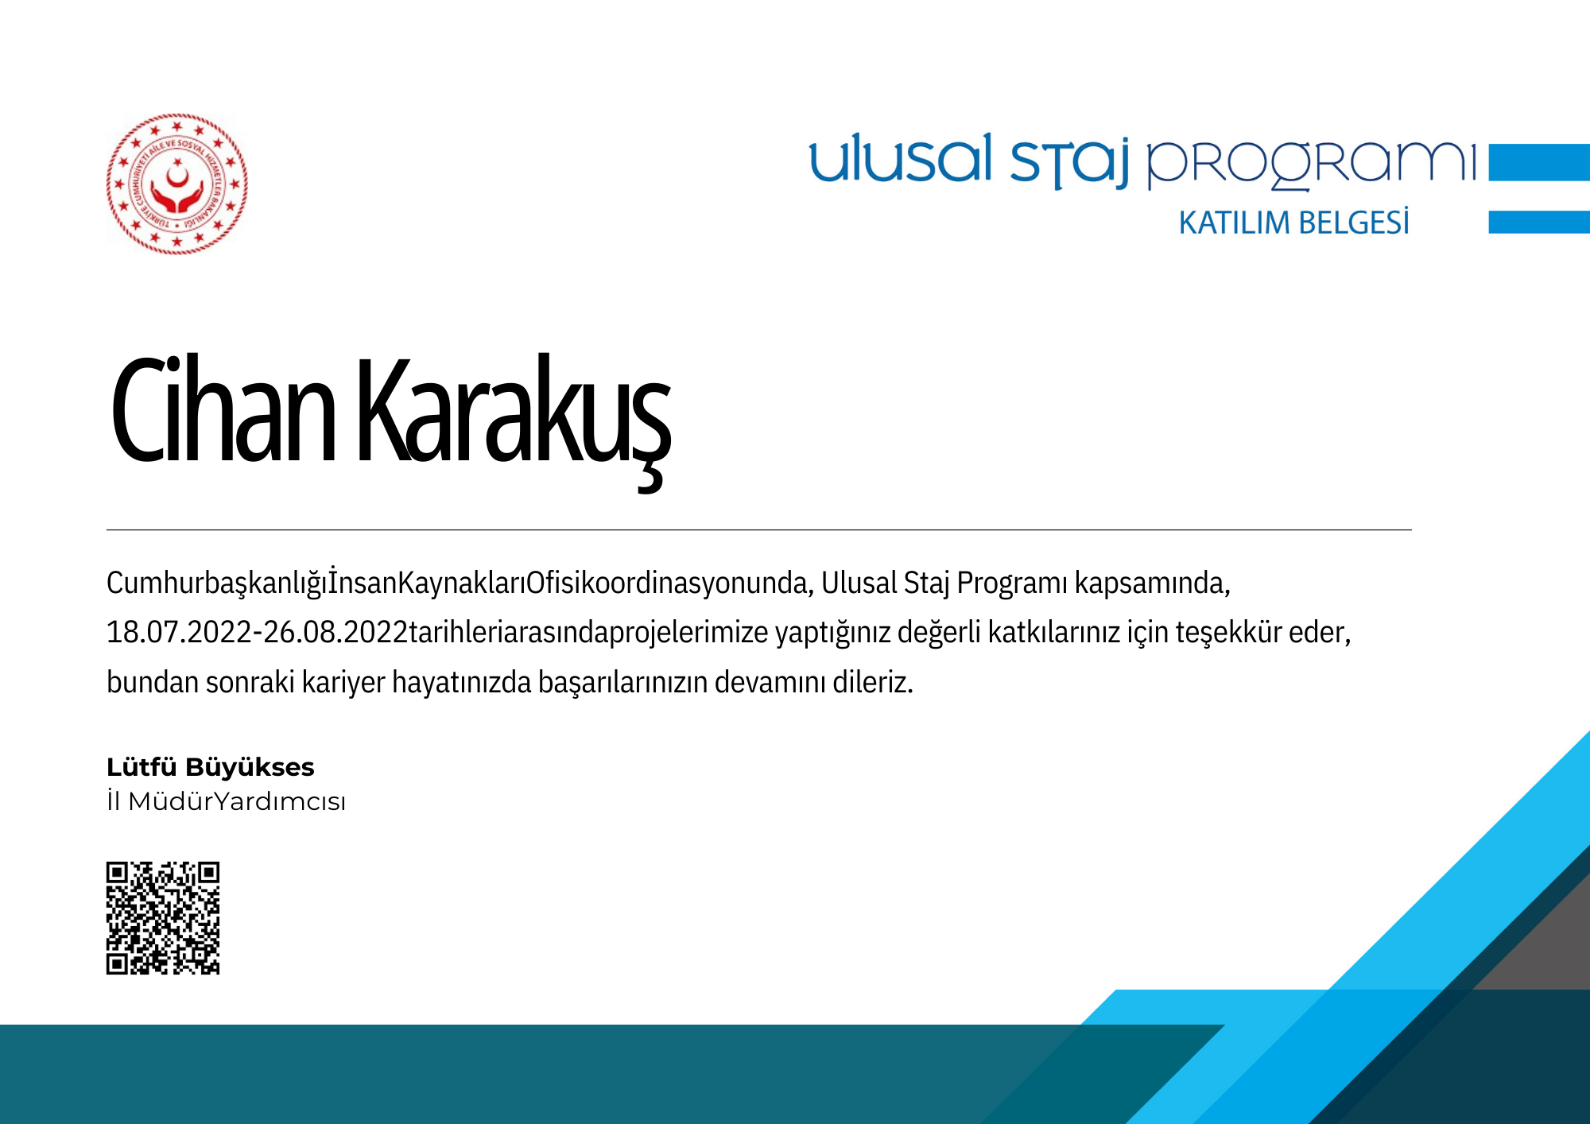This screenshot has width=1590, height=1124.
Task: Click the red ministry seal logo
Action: (x=176, y=184)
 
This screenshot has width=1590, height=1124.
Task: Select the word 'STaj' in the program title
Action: (x=1069, y=163)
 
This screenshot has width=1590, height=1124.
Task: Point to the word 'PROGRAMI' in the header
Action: (x=1310, y=165)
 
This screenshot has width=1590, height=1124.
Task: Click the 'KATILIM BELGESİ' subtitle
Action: (x=1293, y=223)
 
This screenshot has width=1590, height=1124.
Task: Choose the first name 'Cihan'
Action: (x=223, y=409)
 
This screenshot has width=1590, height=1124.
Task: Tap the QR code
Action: (x=163, y=918)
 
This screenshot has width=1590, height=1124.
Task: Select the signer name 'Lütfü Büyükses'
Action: (x=211, y=767)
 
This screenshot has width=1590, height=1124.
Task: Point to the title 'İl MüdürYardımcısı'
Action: (x=227, y=801)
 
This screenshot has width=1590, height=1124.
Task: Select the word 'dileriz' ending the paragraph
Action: (x=873, y=682)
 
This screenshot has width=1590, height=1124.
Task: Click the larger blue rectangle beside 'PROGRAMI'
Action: (x=1539, y=162)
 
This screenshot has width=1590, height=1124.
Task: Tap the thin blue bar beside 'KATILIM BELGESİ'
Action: (x=1539, y=222)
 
